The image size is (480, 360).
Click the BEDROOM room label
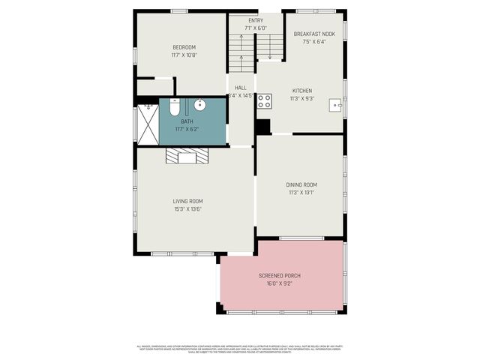183,47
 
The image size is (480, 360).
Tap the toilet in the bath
174,109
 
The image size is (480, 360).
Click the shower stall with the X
147,124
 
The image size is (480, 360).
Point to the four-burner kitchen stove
265,100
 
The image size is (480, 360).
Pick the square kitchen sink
335,106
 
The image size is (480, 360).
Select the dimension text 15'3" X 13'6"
187,208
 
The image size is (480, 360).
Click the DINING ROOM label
301,184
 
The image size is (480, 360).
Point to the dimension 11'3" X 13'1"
301,193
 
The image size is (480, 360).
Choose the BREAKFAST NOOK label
314,34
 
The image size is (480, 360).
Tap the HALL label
241,88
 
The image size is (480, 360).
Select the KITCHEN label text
301,91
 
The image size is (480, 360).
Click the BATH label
186,121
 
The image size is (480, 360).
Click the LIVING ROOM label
187,201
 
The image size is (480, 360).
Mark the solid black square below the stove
262,127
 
